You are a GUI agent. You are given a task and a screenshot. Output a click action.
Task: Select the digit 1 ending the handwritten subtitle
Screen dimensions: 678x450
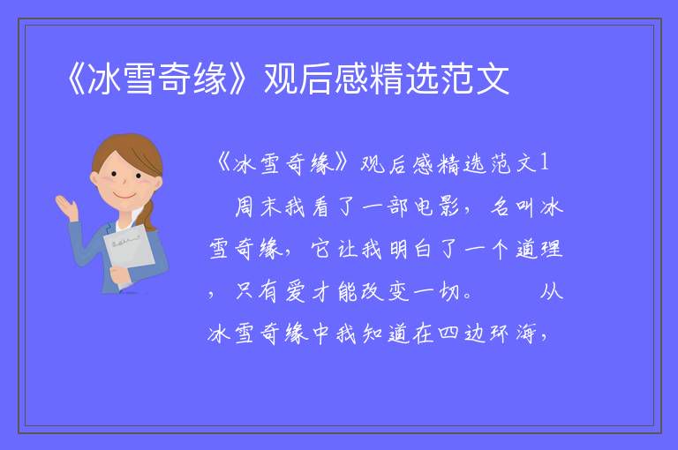point(545,163)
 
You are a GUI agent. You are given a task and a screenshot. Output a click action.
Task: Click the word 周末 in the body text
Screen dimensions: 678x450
point(258,206)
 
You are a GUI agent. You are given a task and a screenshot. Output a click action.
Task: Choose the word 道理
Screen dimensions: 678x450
point(539,249)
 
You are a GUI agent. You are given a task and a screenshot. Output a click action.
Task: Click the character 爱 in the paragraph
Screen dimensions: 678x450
point(297,291)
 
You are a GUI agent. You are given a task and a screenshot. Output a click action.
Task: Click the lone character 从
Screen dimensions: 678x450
point(551,291)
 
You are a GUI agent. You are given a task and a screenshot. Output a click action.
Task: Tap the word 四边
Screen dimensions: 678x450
point(463,334)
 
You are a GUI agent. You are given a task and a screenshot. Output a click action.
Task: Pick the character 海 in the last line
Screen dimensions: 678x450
point(526,334)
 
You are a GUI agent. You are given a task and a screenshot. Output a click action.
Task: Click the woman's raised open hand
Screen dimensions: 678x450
point(66,207)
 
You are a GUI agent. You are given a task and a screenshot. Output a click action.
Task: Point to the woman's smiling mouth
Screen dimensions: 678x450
point(124,195)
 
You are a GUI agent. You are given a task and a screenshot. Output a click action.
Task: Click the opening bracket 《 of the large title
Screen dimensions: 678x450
point(76,79)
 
